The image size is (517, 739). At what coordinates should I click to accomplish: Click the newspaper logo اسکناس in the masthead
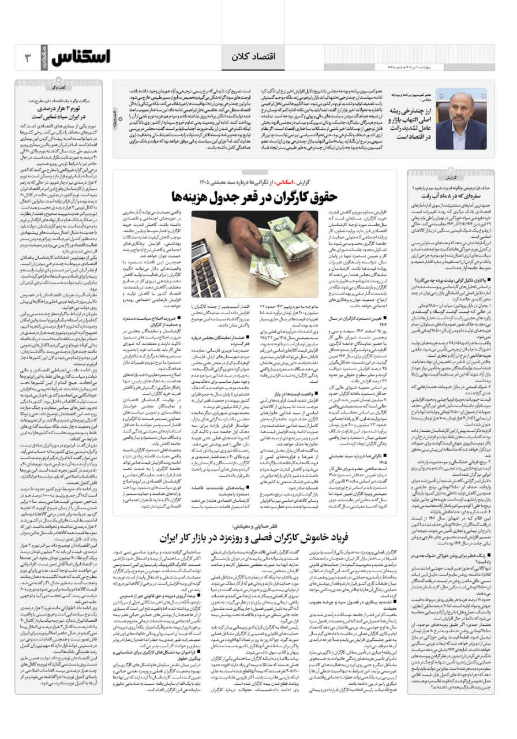pos(81,57)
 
